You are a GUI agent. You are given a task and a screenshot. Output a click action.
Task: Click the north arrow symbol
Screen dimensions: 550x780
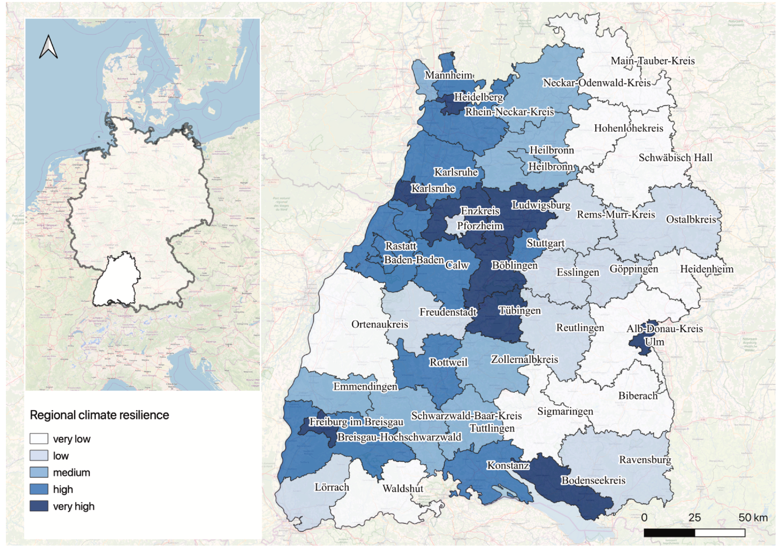pos(49,47)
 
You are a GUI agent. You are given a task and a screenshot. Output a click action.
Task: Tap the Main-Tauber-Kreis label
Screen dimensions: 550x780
pos(653,61)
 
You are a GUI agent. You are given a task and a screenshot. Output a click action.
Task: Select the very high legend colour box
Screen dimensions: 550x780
pos(39,506)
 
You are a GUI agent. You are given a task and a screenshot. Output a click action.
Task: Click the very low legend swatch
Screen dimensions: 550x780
pos(39,439)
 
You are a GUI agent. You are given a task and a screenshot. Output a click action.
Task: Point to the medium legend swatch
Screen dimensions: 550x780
pos(39,472)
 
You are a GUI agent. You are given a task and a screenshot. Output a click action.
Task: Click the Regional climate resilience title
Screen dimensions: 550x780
pos(99,415)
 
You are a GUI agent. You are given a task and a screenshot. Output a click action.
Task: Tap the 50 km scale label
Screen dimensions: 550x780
pos(752,518)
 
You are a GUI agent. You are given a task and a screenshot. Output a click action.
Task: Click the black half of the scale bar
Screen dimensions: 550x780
pos(669,533)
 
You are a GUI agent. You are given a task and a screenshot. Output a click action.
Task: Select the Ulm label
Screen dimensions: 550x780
pos(654,342)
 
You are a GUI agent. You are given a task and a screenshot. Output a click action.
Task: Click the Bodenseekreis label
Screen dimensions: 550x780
pos(593,480)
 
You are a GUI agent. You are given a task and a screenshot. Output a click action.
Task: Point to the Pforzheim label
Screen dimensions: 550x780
pos(480,226)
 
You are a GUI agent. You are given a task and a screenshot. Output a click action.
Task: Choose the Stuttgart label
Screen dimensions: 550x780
pos(546,243)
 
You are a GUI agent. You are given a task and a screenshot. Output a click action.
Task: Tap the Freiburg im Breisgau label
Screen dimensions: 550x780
pos(356,422)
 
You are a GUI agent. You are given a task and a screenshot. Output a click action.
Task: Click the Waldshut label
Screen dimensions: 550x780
pos(403,488)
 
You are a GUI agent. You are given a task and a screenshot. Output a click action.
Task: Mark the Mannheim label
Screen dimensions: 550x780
pos(448,75)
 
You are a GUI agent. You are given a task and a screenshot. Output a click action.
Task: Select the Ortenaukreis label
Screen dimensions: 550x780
pos(379,324)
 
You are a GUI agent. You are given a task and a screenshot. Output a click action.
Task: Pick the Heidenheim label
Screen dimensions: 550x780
pos(706,269)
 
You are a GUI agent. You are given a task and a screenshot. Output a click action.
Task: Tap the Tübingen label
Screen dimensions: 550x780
pos(519,310)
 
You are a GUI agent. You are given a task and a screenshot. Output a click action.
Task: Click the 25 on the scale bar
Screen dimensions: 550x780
pos(694,518)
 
